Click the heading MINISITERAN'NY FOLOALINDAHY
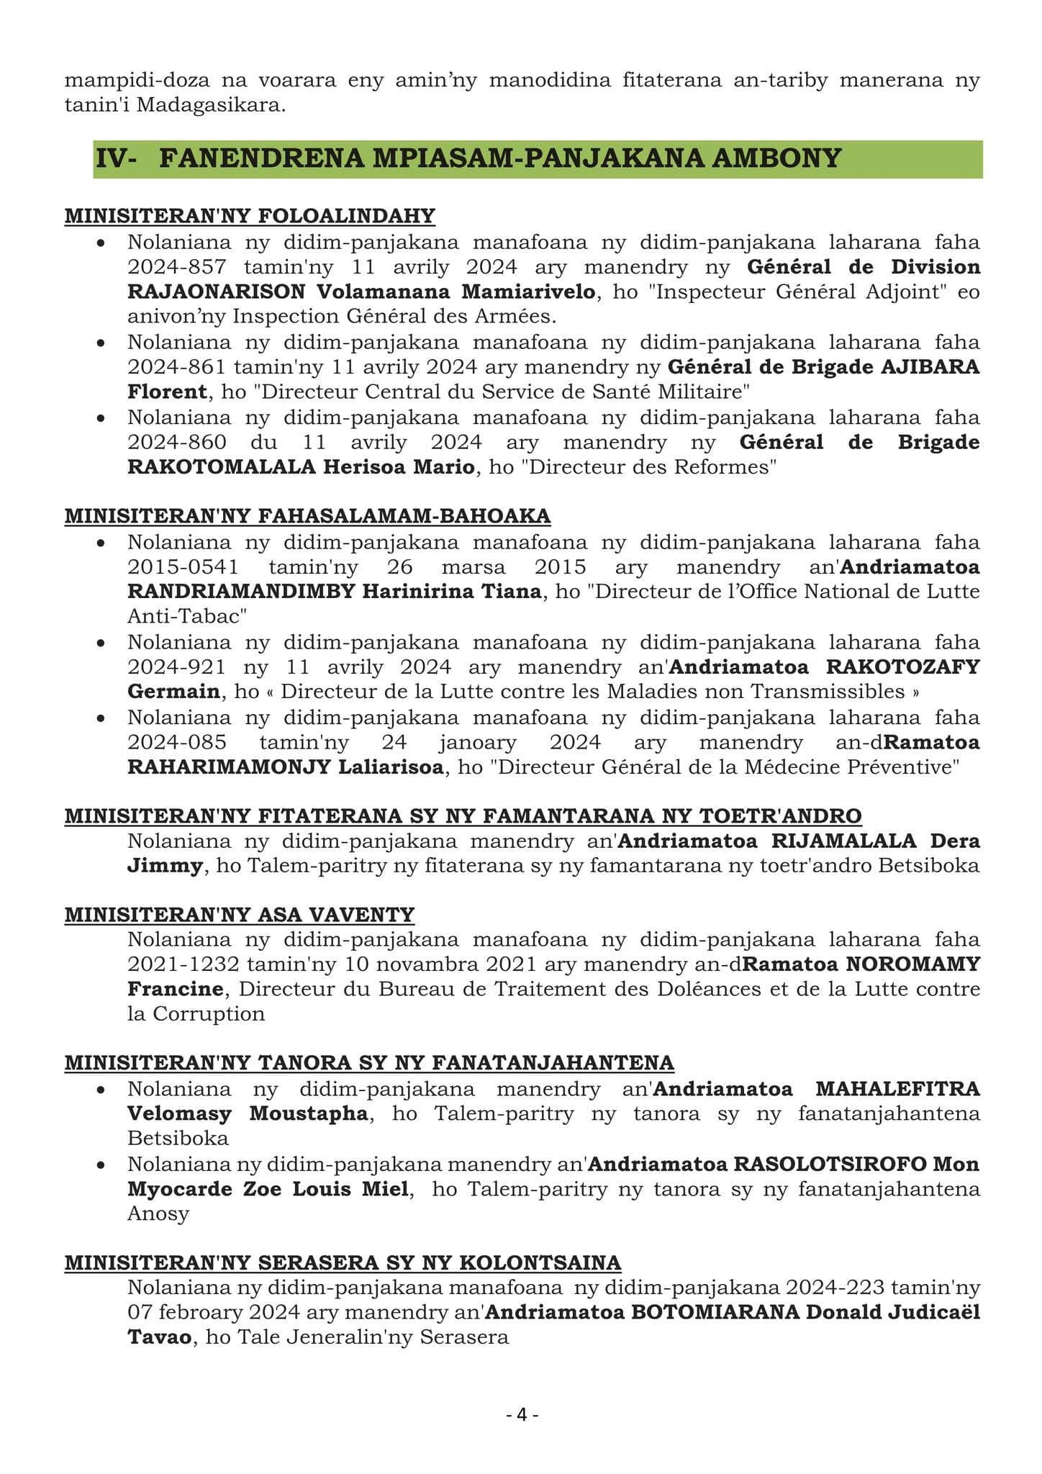tap(250, 216)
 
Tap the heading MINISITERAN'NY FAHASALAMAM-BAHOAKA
tap(307, 516)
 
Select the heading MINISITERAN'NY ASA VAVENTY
tap(240, 915)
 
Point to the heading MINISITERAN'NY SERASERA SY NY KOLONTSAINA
tap(343, 1262)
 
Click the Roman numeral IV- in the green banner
tap(116, 158)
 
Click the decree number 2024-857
tap(177, 267)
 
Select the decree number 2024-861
tap(177, 367)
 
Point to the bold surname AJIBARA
tap(930, 367)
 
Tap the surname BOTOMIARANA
tap(715, 1312)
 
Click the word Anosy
tap(158, 1213)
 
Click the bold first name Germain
tap(173, 692)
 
